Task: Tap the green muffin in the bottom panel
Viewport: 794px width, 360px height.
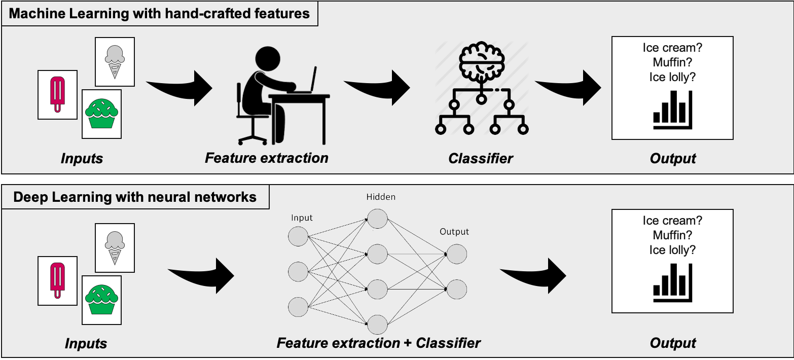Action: click(101, 299)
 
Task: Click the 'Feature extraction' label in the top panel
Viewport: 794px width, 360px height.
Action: click(267, 158)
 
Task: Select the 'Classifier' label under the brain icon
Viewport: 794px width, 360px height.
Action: click(481, 158)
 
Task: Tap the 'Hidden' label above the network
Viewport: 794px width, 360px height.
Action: click(380, 197)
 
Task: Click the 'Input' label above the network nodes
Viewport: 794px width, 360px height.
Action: click(302, 218)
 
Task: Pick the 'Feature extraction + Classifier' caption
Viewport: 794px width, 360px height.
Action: click(379, 343)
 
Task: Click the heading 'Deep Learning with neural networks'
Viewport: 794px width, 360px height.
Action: click(135, 197)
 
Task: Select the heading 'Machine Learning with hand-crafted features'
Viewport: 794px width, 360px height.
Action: click(159, 13)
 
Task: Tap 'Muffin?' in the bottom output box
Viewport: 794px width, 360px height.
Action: click(672, 235)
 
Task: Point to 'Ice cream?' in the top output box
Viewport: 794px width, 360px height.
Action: click(672, 48)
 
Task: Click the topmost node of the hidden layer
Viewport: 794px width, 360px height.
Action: click(377, 219)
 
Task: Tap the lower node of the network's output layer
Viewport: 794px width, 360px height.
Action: click(456, 289)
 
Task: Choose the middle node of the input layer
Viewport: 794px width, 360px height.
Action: click(298, 271)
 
